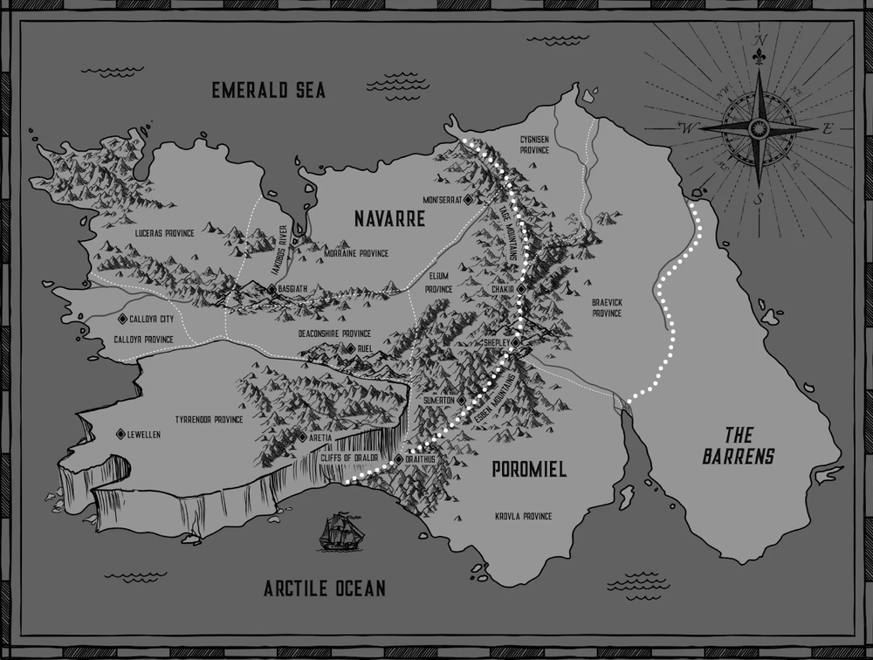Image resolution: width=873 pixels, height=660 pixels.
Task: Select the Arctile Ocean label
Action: (x=324, y=588)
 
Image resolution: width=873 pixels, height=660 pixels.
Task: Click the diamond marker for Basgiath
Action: (x=272, y=288)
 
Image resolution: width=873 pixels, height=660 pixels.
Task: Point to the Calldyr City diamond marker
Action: (x=123, y=319)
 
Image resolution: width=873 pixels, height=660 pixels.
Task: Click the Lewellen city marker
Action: (x=120, y=434)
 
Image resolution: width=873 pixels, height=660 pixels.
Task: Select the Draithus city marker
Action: (x=398, y=459)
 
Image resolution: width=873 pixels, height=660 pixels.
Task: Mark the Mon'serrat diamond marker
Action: (x=468, y=200)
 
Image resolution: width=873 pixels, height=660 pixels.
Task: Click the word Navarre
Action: (x=389, y=219)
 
